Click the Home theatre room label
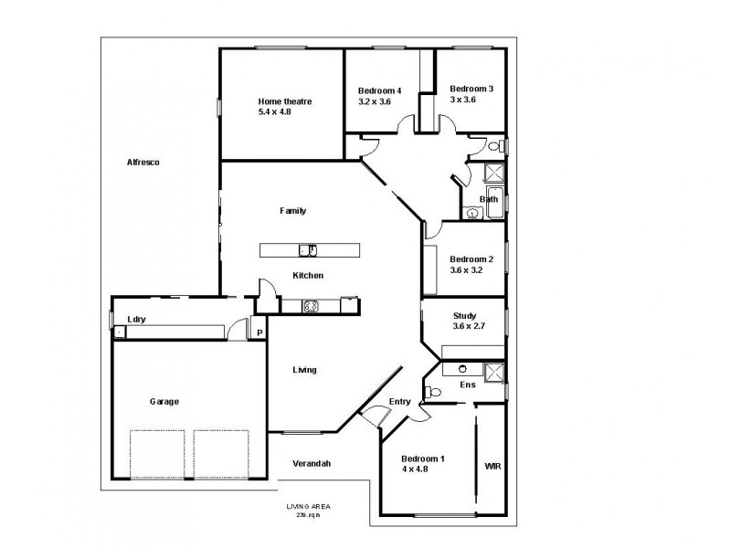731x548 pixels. pos(285,101)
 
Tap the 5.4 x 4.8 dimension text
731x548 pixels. pos(278,112)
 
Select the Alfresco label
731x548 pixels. pos(143,162)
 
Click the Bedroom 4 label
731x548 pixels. pos(378,90)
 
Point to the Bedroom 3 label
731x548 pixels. pos(471,89)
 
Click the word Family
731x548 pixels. pos(292,210)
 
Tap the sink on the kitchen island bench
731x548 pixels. pos(308,250)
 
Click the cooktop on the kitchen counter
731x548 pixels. pos(310,306)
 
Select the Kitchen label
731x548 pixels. pos(307,275)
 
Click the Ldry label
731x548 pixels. pos(137,319)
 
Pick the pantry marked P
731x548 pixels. pos(260,332)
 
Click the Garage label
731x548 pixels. pos(164,401)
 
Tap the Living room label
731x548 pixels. pos(304,370)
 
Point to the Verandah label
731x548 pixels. pos(311,463)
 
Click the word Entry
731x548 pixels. pos(399,402)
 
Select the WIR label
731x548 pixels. pos(493,465)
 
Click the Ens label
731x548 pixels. pos(466,385)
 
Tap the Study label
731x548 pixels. pos(464,314)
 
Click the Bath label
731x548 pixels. pos(490,199)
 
